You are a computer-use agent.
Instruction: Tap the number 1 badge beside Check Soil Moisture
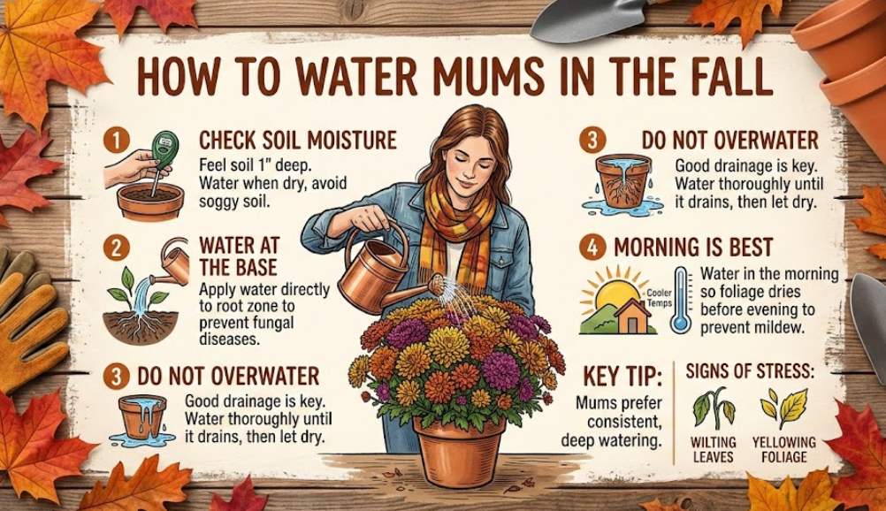[117, 141]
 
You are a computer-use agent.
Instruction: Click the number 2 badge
[117, 248]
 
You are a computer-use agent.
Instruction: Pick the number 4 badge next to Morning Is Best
[592, 248]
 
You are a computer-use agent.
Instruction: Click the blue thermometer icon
[682, 301]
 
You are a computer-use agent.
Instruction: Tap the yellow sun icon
[614, 293]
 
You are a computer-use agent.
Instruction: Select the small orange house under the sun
[631, 317]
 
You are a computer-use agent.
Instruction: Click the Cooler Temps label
[659, 298]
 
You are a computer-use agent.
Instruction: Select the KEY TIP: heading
[622, 376]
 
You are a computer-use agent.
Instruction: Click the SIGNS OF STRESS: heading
[750, 371]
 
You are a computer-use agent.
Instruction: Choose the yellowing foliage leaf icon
[784, 408]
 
